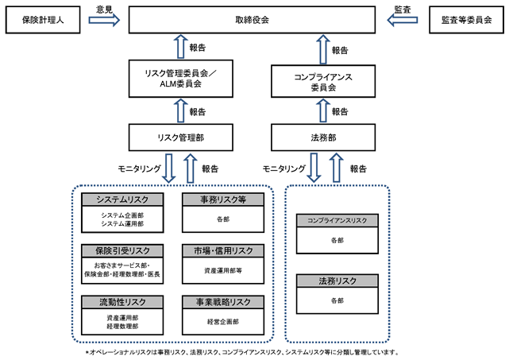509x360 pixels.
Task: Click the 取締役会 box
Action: point(252,20)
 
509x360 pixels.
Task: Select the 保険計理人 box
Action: point(43,20)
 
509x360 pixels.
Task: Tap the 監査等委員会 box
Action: point(466,20)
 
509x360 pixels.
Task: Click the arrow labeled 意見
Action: point(104,20)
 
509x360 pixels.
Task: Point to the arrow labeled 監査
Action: point(403,20)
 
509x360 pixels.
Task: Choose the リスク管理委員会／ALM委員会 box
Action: point(181,79)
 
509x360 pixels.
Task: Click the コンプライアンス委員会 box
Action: point(323,81)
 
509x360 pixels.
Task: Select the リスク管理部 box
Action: point(181,137)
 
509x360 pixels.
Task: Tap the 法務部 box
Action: point(323,137)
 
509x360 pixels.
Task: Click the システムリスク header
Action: point(122,199)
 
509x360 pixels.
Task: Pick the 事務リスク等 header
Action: point(223,199)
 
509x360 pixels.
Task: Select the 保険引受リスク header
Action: point(122,251)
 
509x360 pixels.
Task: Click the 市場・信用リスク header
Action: point(223,251)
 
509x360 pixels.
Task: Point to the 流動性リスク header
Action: point(122,302)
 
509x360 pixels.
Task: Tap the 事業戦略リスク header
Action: point(223,302)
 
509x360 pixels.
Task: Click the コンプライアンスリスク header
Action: point(337,221)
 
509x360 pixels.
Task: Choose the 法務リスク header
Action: point(337,281)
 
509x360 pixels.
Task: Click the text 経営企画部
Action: point(223,322)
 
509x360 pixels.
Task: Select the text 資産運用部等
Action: point(223,270)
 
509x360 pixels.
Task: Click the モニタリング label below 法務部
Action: point(284,168)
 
